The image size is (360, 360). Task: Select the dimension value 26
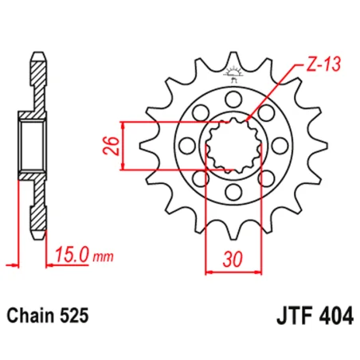tap(112, 146)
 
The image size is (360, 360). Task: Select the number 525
tap(76, 315)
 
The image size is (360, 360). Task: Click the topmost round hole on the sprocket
tap(233, 99)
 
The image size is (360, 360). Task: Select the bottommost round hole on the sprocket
tap(233, 194)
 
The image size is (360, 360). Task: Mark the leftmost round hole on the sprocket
tap(186, 147)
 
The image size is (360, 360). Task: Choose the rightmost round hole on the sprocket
tap(280, 147)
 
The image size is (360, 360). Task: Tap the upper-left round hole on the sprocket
tap(199, 113)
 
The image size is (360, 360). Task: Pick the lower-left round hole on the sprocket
tap(199, 180)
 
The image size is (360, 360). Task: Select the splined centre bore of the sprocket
tap(233, 147)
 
